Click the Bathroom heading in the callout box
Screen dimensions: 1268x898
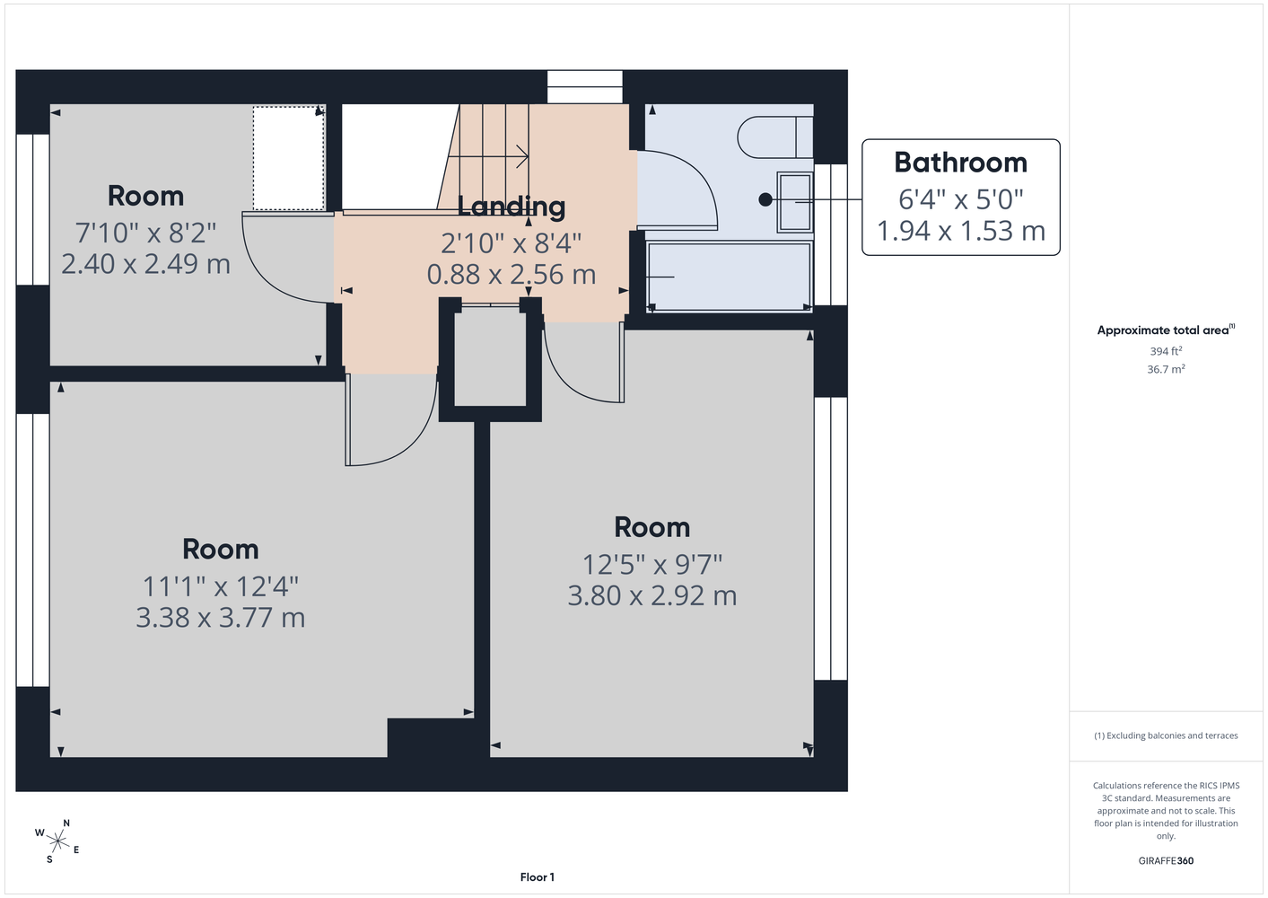point(960,163)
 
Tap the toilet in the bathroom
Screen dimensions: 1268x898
point(775,137)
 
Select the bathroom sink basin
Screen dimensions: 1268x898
point(795,202)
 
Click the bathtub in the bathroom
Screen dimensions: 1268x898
point(730,277)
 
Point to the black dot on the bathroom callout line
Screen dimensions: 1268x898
point(765,199)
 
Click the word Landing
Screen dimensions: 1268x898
point(512,207)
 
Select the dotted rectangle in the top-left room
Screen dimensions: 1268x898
point(289,158)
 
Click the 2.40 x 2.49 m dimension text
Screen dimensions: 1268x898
point(146,264)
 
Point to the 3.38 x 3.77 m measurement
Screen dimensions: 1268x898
point(221,618)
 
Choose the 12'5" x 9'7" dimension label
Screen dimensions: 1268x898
point(652,564)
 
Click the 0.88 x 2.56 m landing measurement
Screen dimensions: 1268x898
point(512,275)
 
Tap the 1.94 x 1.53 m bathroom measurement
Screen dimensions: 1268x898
point(960,231)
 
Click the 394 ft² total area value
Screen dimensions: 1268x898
point(1166,351)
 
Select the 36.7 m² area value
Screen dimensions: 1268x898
point(1166,369)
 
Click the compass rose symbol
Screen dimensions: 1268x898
point(57,841)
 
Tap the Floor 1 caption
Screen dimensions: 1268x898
point(538,877)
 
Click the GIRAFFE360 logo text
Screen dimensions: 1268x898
point(1166,860)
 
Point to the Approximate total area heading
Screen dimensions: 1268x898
point(1166,330)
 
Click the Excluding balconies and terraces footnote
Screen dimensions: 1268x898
point(1166,735)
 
